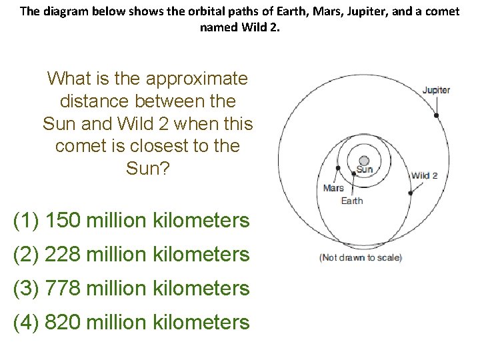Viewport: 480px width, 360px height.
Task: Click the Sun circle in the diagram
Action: click(x=364, y=161)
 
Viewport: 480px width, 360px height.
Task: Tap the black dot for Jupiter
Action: click(x=436, y=115)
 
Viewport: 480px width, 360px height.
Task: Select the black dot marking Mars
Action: click(x=339, y=167)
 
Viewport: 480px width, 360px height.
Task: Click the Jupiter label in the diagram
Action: click(x=436, y=90)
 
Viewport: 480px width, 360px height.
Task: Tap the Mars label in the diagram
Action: click(x=333, y=188)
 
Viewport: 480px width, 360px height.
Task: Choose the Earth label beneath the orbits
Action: click(x=352, y=201)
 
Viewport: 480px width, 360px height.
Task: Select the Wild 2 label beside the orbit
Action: click(x=424, y=176)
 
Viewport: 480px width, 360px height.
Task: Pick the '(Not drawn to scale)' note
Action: click(x=361, y=258)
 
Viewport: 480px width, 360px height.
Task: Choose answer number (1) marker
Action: click(x=26, y=220)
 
